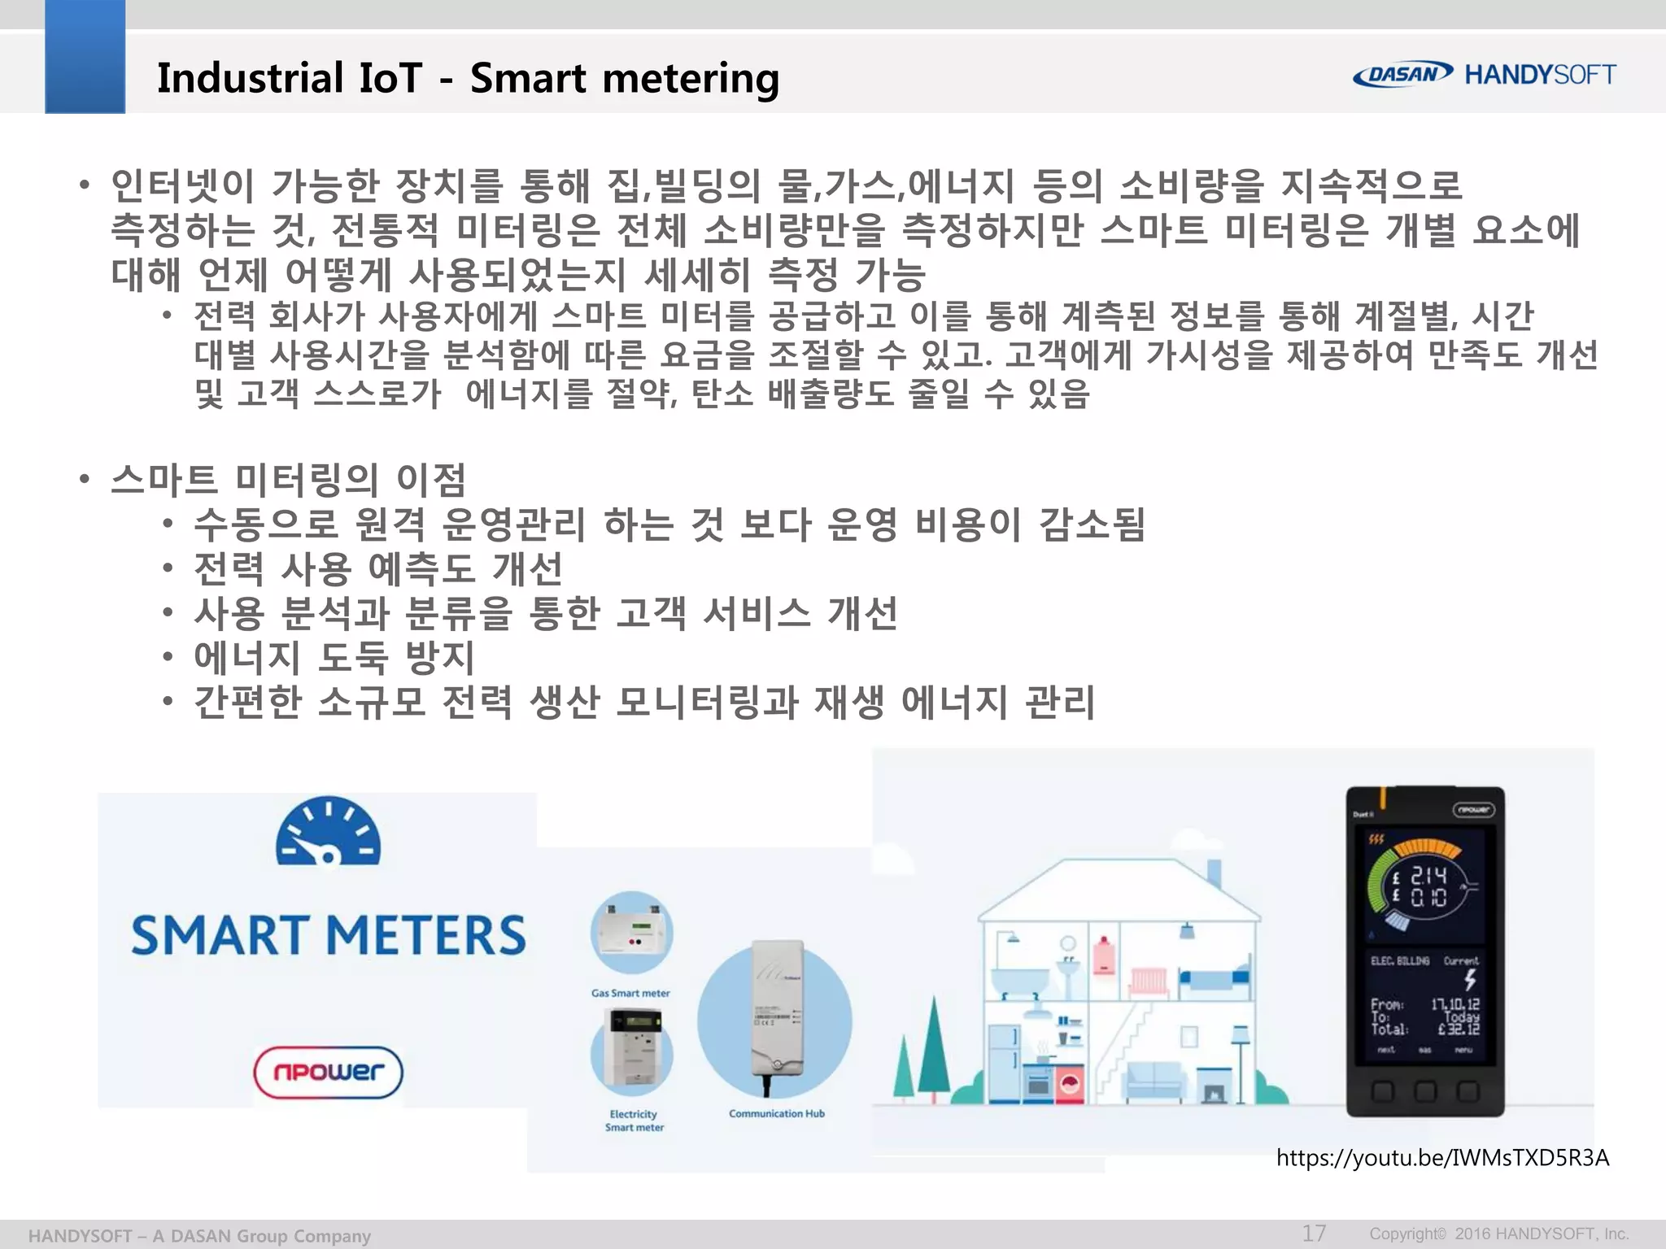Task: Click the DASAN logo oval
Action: pos(1402,74)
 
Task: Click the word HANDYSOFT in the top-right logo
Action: pos(1540,75)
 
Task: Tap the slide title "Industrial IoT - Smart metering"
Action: pos(468,78)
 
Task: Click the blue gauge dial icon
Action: pos(328,833)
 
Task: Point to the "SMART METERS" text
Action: pos(329,935)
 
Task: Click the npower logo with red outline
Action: pos(328,1072)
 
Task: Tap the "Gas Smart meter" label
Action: pos(630,993)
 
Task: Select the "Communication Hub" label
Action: pos(776,1113)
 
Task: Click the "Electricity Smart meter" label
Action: pos(634,1121)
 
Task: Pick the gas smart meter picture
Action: pos(632,931)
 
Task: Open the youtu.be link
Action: pos(1442,1157)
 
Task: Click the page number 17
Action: pos(1314,1233)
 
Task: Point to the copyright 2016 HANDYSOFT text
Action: pos(1498,1234)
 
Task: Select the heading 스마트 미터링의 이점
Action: pos(288,480)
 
